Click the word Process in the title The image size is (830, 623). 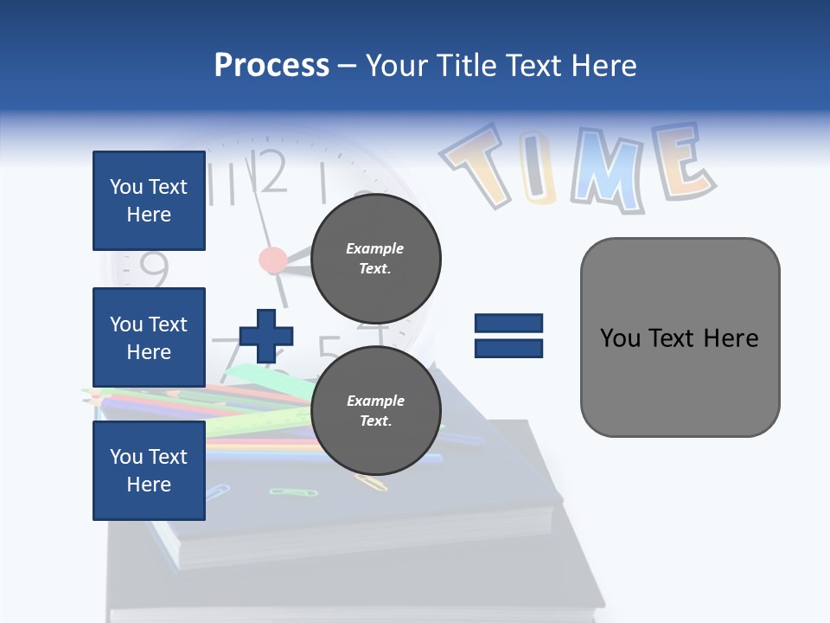pos(271,65)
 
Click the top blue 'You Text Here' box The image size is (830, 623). pos(149,201)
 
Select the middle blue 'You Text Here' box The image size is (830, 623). pos(149,337)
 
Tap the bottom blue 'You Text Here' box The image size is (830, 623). pos(149,471)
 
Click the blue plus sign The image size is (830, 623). pos(266,336)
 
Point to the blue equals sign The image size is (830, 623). pos(508,336)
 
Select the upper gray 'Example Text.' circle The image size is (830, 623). pos(375,259)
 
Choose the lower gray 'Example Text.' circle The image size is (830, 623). pos(375,411)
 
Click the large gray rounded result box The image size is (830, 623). pos(680,337)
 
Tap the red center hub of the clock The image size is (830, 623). pos(273,259)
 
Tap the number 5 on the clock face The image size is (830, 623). pos(329,348)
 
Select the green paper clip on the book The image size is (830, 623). pos(282,491)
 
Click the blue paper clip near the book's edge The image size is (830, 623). pos(216,493)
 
